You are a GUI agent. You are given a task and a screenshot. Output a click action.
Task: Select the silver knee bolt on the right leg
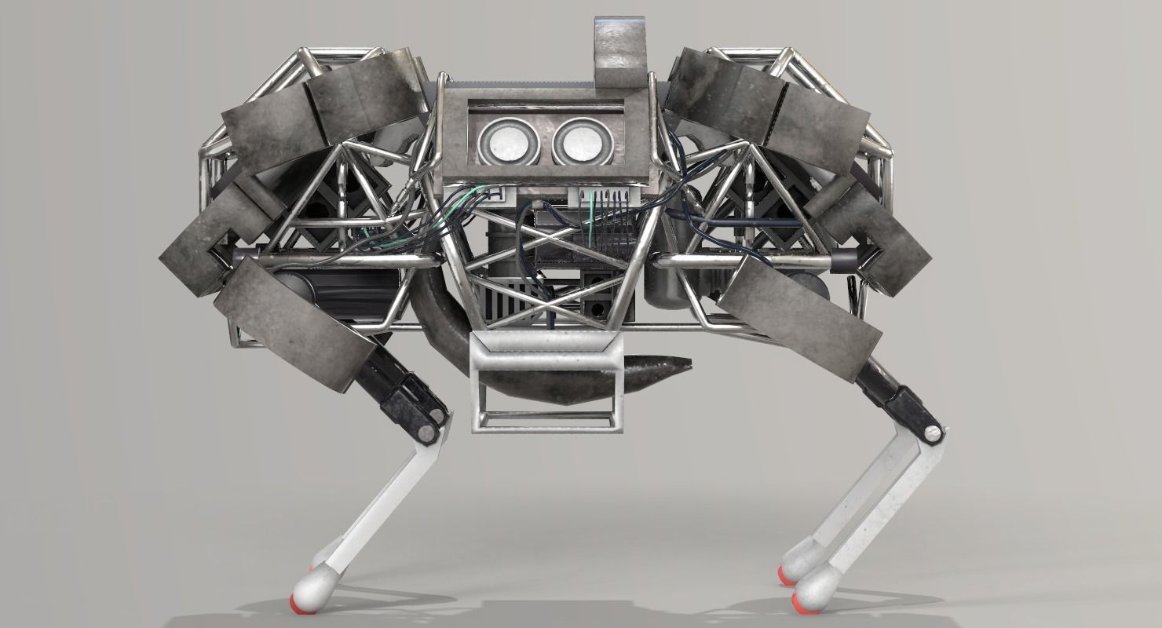(933, 432)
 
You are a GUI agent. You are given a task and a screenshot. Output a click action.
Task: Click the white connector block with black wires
(601, 196)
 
